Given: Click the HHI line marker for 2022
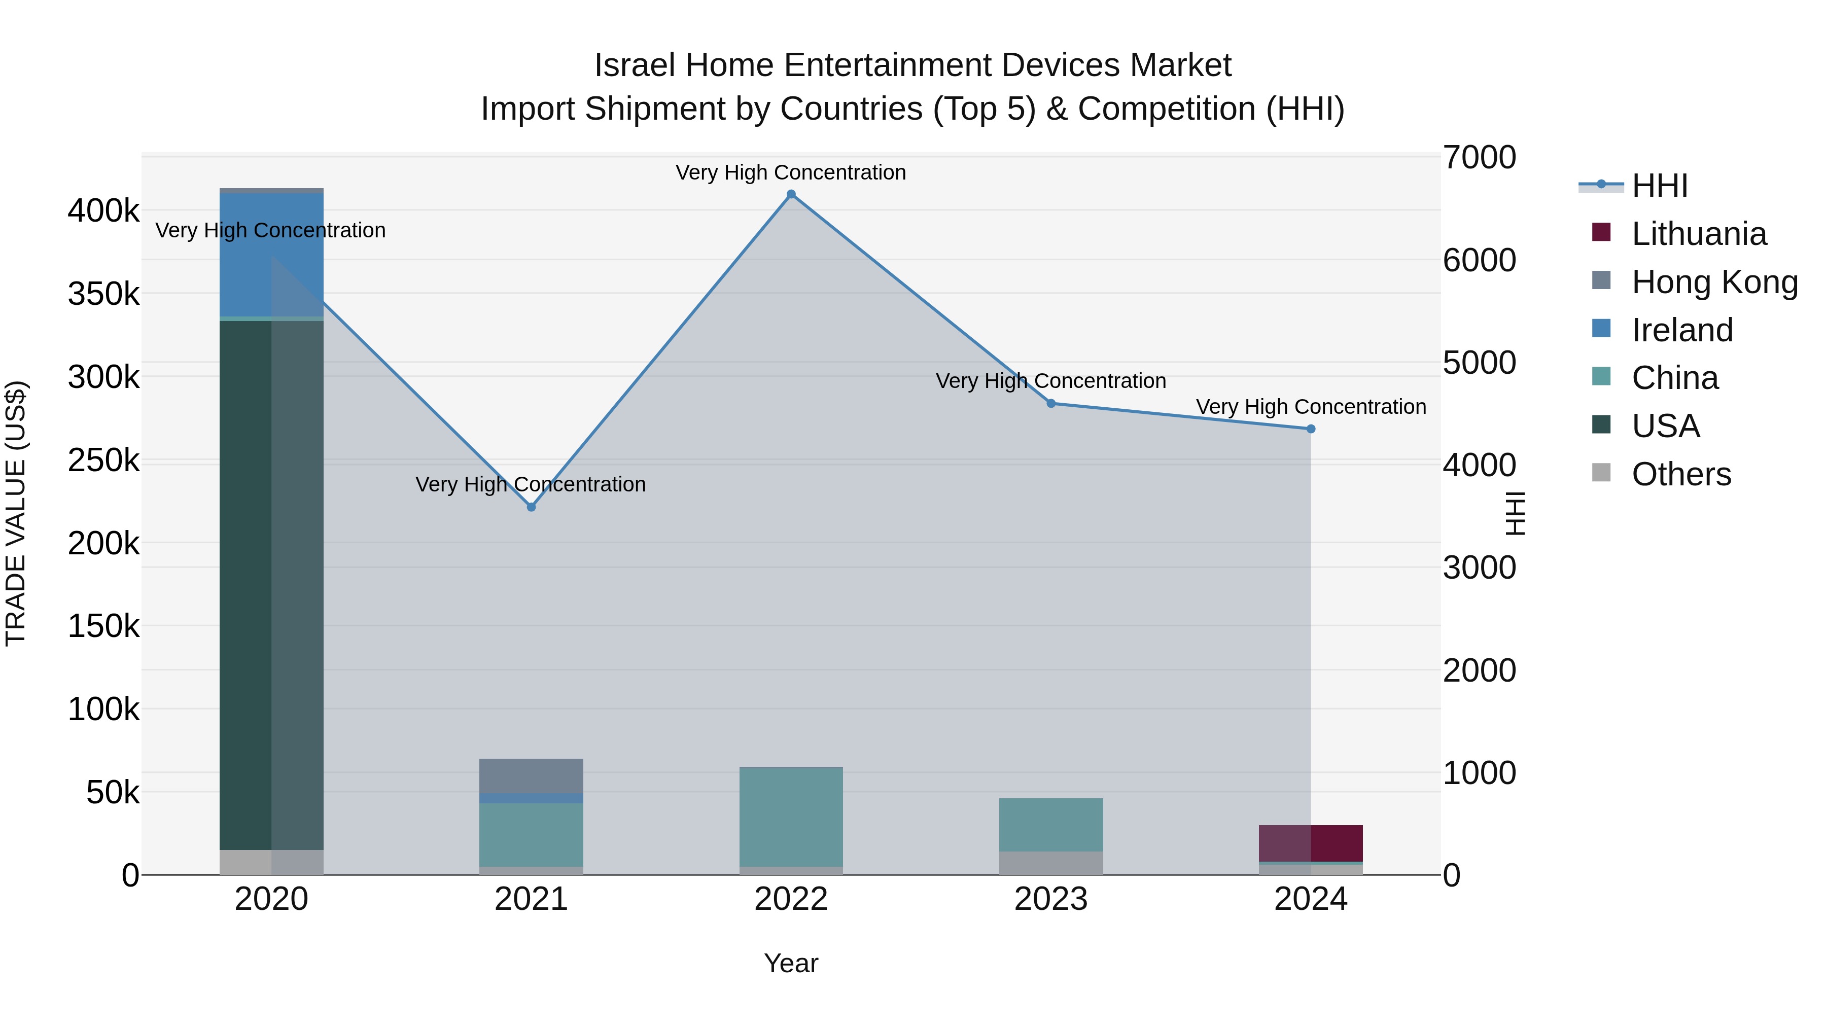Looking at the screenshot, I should click(x=791, y=194).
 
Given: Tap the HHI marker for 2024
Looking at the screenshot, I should click(x=1311, y=429).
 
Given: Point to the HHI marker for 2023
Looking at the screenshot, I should click(x=1051, y=403).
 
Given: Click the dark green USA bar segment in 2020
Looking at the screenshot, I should click(x=245, y=581).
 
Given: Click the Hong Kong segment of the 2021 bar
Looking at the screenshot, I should click(x=531, y=775).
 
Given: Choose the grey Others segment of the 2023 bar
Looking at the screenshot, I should click(x=1051, y=863).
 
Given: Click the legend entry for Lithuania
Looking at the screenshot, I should click(x=1698, y=233).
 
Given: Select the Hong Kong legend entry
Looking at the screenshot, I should click(x=1714, y=281).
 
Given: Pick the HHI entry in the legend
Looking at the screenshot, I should click(x=1659, y=186).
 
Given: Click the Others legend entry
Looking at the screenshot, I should click(x=1681, y=474).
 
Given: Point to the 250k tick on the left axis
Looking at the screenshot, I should click(x=103, y=460).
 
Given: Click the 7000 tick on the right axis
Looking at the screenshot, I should click(x=1480, y=157).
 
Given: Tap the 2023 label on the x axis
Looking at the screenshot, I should click(x=1051, y=899).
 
